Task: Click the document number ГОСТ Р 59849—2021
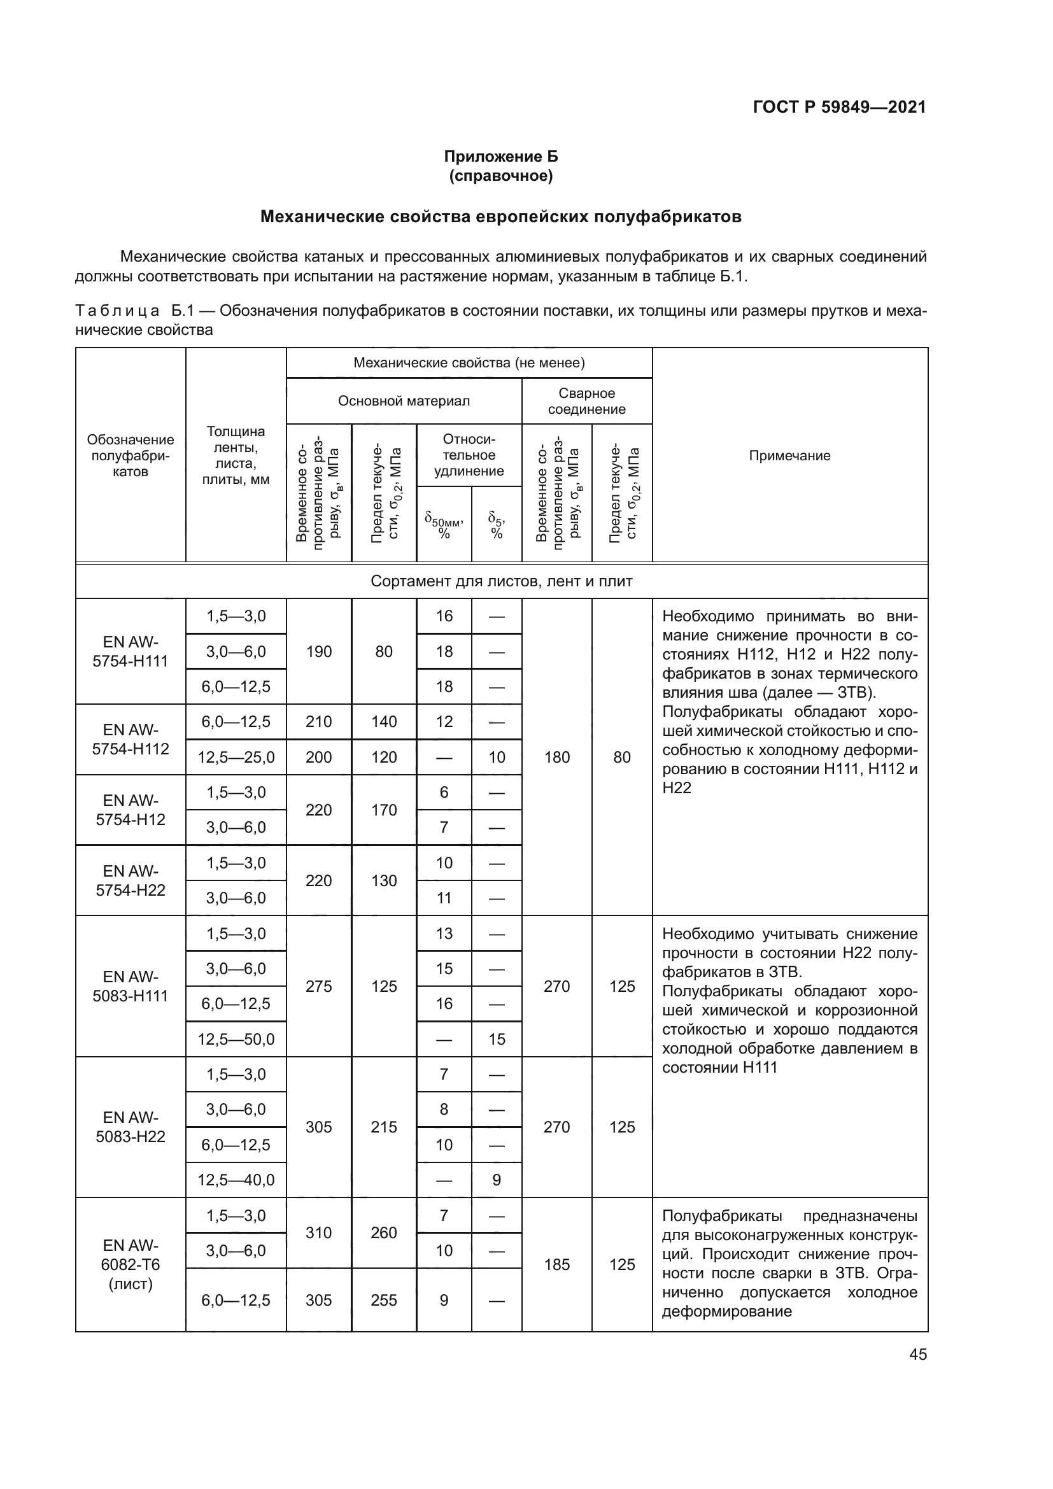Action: click(x=839, y=107)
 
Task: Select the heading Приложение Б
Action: click(x=500, y=157)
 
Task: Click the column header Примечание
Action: click(x=789, y=455)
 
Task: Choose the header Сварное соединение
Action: click(x=586, y=401)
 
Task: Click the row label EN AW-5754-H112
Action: click(x=131, y=739)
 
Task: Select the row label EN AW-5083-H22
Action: click(x=131, y=1127)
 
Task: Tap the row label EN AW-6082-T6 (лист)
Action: click(x=131, y=1264)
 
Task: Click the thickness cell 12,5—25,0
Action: click(x=236, y=757)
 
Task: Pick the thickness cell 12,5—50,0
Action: click(x=236, y=1039)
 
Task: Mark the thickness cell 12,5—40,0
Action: click(x=236, y=1180)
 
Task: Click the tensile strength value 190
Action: click(x=318, y=651)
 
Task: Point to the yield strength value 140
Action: click(x=384, y=721)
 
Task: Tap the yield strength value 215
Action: click(x=384, y=1127)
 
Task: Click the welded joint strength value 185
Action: click(x=556, y=1264)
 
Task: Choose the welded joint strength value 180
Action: click(x=556, y=757)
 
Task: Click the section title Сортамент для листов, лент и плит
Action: click(x=501, y=581)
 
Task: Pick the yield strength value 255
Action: click(x=384, y=1300)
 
